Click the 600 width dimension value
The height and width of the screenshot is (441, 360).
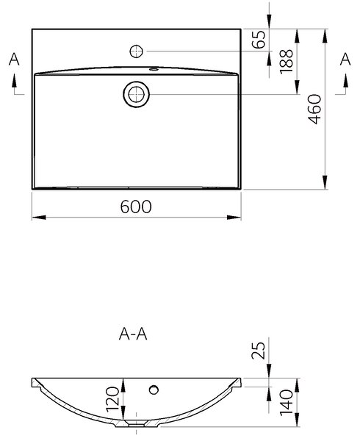pos(136,207)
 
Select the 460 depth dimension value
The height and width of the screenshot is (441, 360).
pos(314,109)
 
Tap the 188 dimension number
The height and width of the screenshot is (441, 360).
pos(287,62)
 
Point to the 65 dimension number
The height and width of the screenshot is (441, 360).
pos(259,39)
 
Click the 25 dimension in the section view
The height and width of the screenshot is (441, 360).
pos(259,350)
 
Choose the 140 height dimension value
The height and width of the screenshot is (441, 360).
pos(287,402)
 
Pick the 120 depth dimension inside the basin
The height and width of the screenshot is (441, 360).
pos(113,399)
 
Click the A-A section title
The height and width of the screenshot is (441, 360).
pos(133,334)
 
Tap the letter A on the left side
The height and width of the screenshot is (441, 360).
pos(14,60)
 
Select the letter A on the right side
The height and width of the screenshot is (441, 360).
pos(345,60)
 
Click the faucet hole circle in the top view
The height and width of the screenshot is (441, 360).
pos(137,51)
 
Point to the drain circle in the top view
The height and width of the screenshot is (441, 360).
pos(137,95)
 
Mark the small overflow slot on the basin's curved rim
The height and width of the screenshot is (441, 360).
pos(154,68)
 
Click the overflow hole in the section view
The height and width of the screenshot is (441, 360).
pos(154,390)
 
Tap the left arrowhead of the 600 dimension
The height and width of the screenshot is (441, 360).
pos(39,217)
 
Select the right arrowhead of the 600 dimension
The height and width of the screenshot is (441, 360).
pos(234,217)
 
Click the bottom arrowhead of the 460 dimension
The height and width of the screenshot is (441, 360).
pos(325,182)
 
